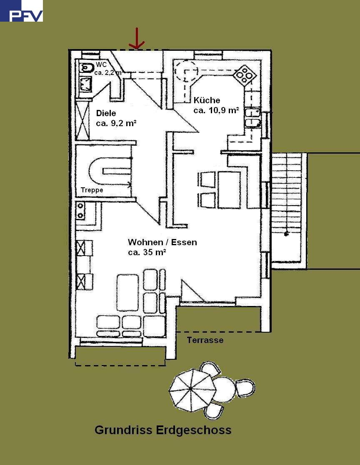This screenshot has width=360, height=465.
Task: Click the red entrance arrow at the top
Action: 137,39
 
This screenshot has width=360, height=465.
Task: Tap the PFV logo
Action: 21,11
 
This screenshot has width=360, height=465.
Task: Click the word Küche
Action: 207,100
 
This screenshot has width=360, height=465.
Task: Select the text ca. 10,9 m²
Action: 216,110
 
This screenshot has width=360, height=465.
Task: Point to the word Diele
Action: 106,113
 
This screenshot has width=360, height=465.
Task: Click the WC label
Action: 101,65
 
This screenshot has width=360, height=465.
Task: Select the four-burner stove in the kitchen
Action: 245,75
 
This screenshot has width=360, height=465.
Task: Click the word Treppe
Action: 92,190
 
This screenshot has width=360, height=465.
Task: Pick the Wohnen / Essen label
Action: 162,242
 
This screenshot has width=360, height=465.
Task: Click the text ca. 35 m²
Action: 147,252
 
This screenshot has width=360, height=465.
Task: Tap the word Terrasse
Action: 205,340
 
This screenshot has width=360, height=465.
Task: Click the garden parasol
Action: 192,390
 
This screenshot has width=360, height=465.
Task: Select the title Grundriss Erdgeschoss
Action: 163,430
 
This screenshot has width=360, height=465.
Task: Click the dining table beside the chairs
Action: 229,190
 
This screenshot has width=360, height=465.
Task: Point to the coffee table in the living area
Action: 127,292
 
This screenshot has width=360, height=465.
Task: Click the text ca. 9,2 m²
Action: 116,123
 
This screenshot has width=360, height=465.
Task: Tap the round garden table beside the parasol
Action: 225,389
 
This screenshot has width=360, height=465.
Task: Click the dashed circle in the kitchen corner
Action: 186,71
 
